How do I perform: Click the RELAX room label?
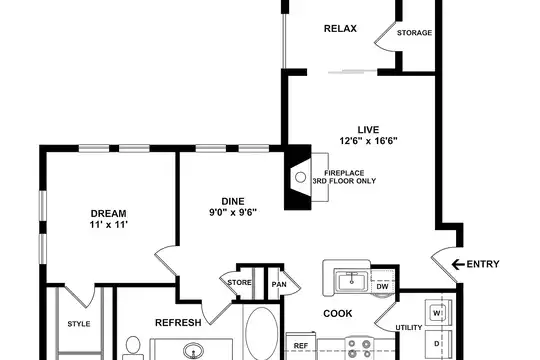coord(340,29)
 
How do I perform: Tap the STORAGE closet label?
coord(414,33)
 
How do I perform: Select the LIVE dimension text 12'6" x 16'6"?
coord(368,141)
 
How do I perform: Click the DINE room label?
coord(233,201)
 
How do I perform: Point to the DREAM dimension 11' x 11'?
coord(109,225)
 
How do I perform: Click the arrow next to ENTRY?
coord(458,265)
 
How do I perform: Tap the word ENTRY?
coord(483,264)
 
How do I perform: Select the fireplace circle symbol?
coord(301,177)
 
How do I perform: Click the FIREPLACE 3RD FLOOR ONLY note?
coord(344,177)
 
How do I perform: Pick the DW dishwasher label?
coord(382,287)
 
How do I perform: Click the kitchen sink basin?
coord(352,281)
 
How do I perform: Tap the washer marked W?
coord(438,313)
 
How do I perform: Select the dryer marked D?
coord(438,344)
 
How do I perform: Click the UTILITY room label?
coord(409,328)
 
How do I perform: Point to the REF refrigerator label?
coord(301,346)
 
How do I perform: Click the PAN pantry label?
coord(279,285)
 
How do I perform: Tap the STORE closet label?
coord(239,282)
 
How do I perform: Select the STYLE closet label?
coord(79,324)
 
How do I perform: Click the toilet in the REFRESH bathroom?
coord(133,348)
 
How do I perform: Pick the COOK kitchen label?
coord(338,313)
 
